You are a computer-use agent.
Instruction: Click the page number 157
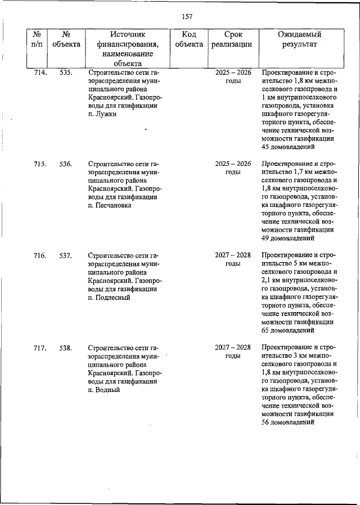(187, 16)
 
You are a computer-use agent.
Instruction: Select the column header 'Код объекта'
(189, 39)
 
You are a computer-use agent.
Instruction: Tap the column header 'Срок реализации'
(232, 39)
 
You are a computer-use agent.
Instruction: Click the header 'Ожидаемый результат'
(299, 39)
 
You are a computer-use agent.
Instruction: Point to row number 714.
(39, 73)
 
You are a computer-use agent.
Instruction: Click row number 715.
(39, 164)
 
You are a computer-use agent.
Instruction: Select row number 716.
(39, 256)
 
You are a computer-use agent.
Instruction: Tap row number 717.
(39, 348)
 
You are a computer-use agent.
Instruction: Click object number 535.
(66, 73)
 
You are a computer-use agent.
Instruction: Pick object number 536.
(66, 164)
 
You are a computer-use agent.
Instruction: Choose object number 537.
(66, 256)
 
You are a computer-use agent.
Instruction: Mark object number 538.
(66, 348)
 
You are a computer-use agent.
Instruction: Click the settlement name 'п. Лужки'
(102, 114)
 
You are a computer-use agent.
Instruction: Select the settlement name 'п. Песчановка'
(110, 206)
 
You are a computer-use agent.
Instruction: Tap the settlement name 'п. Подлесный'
(109, 297)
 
